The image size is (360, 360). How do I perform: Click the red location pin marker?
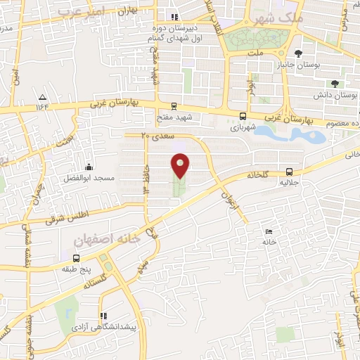[181, 165]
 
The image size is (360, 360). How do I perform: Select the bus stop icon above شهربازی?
[243, 117]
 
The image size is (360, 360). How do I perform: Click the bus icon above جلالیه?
[290, 172]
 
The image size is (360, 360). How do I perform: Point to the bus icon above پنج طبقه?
[76, 258]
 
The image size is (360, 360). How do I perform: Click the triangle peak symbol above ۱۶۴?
[43, 96]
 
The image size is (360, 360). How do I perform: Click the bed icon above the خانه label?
[268, 231]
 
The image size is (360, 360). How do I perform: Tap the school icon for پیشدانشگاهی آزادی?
[103, 316]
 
